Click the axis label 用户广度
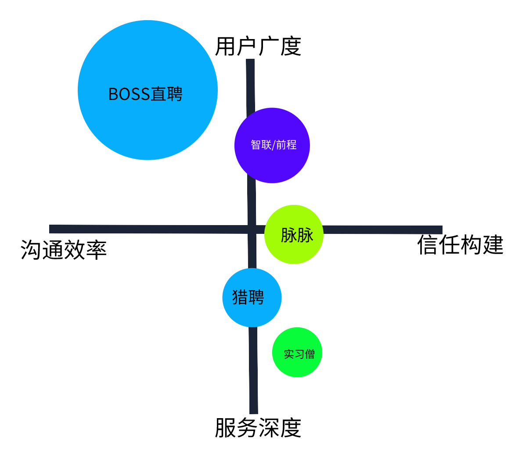pyautogui.click(x=258, y=47)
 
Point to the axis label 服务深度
pyautogui.click(x=258, y=428)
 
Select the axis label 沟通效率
pyautogui.click(x=64, y=250)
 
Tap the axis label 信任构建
pyautogui.click(x=460, y=245)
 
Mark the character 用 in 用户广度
pyautogui.click(x=225, y=47)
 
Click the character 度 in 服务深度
pyautogui.click(x=291, y=428)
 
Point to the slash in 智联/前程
pyautogui.click(x=274, y=145)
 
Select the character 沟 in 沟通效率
pyautogui.click(x=31, y=250)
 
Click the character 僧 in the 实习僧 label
pyautogui.click(x=310, y=354)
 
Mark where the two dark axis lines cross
pyautogui.click(x=252, y=229)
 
